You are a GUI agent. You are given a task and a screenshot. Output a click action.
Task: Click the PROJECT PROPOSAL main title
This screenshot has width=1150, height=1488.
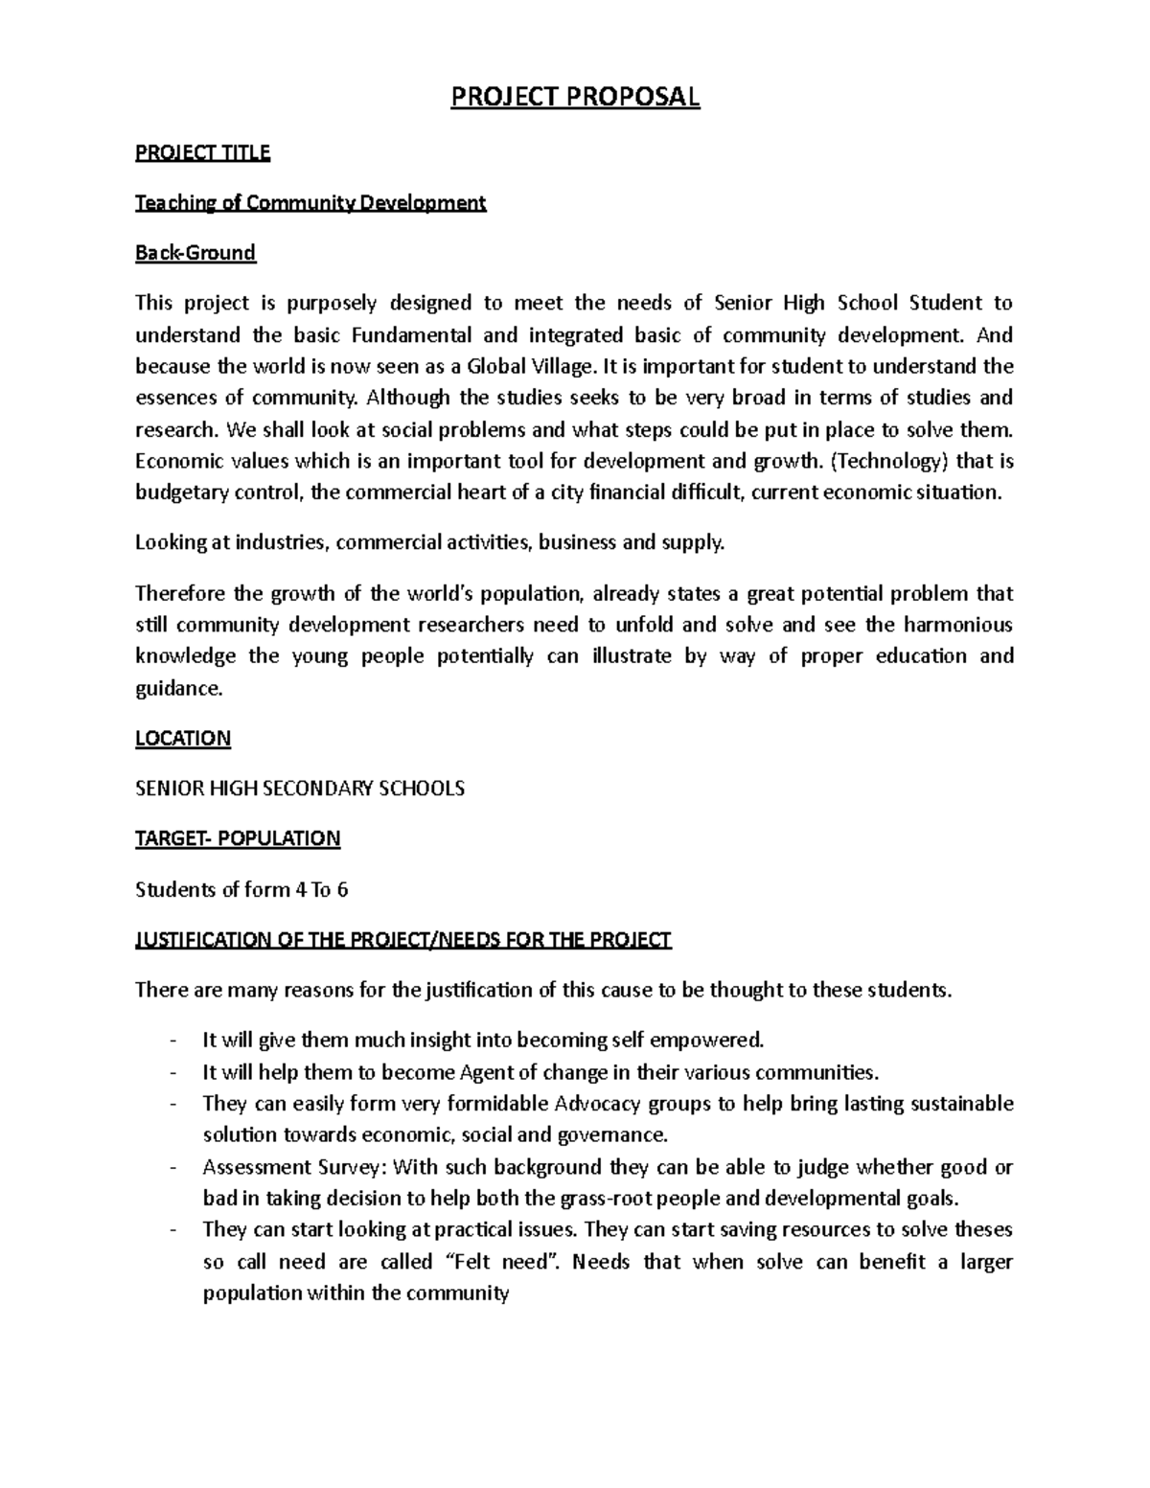pos(575,97)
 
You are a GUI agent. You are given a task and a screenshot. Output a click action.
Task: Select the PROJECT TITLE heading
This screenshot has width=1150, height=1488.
pos(202,152)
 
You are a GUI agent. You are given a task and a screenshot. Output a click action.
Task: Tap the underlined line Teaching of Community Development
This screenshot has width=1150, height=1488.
pos(310,203)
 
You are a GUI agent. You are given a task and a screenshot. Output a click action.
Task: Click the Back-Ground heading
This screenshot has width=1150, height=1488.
pos(195,253)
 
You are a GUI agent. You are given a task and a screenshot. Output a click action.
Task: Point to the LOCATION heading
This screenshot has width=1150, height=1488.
pos(182,738)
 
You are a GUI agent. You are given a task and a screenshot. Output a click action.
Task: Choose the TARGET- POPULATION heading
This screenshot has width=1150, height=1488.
pos(237,838)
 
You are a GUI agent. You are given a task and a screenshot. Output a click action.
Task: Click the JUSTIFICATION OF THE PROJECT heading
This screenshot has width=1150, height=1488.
pos(402,939)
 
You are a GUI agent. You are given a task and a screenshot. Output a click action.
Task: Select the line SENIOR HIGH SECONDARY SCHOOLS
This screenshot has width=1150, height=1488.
pos(299,789)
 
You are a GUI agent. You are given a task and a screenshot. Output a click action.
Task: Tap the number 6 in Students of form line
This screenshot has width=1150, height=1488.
pos(342,889)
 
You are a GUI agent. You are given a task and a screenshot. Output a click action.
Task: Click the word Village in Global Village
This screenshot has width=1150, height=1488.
pos(563,366)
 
